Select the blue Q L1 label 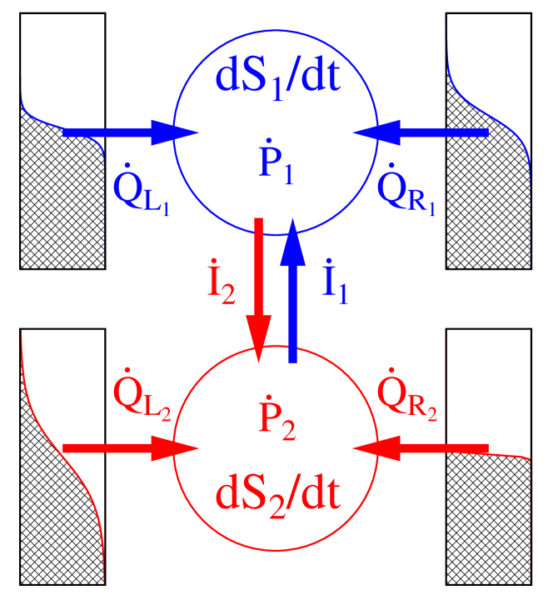point(141,195)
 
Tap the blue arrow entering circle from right point(421,132)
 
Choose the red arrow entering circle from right point(421,448)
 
